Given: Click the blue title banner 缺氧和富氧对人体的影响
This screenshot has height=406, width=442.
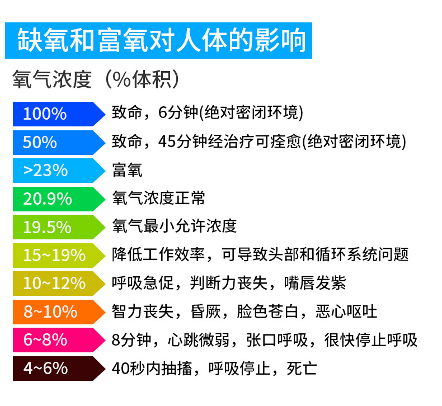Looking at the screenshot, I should tap(158, 40).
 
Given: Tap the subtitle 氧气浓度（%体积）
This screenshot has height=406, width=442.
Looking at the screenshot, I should tap(97, 79).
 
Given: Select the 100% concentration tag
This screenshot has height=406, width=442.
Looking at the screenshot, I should tap(56, 114).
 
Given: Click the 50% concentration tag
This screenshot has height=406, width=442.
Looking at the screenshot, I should tap(56, 142).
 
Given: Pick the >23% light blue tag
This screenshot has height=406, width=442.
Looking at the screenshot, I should tap(56, 170).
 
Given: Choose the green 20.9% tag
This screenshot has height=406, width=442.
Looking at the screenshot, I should tap(56, 199).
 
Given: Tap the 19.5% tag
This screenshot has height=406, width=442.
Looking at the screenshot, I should tap(56, 227).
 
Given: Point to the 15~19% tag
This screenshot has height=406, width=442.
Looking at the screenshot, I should tap(56, 255).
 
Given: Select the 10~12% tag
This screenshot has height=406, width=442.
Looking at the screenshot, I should tap(56, 284).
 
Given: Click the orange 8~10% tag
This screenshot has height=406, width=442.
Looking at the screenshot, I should tap(56, 311).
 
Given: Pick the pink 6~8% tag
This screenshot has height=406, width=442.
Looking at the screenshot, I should tap(56, 340).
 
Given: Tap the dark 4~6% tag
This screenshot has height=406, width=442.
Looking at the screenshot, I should tap(56, 369).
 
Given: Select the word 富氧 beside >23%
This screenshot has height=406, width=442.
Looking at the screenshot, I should tap(127, 169).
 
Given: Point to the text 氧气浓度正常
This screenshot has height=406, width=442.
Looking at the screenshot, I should tap(158, 198).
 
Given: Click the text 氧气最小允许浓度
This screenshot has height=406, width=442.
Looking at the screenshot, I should tap(174, 226).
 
